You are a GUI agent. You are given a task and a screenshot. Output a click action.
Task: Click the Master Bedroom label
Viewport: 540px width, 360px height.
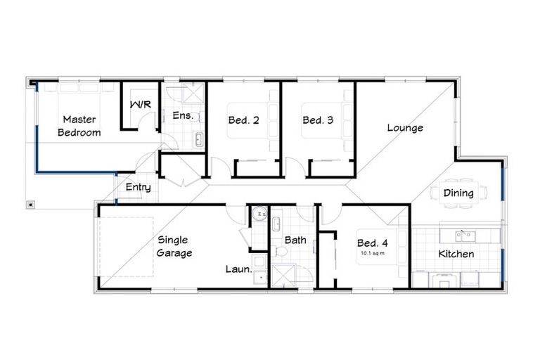coord(79,126)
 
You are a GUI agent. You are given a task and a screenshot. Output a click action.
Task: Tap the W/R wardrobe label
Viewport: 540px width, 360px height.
coord(140,105)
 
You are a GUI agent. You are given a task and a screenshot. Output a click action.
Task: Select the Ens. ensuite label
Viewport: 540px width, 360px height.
coord(183,115)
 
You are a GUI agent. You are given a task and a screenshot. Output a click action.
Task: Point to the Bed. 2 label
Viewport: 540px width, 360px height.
coord(243,120)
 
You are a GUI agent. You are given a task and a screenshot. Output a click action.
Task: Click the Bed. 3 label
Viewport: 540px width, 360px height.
coord(318,120)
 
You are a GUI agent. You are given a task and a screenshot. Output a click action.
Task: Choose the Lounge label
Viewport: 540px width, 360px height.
coord(405,128)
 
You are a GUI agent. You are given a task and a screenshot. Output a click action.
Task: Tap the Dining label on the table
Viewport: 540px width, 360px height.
coord(458,193)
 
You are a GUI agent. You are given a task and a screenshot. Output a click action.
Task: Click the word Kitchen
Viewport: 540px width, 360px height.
coord(456,254)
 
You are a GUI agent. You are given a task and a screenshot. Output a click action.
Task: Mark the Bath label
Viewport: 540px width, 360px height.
coord(295,240)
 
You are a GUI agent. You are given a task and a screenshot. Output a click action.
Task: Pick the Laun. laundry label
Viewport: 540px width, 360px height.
coord(239,268)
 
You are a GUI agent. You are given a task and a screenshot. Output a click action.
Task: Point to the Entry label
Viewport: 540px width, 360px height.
coord(139,187)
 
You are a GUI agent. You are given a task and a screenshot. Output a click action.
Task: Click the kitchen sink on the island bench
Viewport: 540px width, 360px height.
coord(463,235)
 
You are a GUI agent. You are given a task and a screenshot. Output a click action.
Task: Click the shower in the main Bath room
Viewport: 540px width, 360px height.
coord(284,276)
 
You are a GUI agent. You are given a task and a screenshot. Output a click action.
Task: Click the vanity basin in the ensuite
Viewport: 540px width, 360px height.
coord(198,139)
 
